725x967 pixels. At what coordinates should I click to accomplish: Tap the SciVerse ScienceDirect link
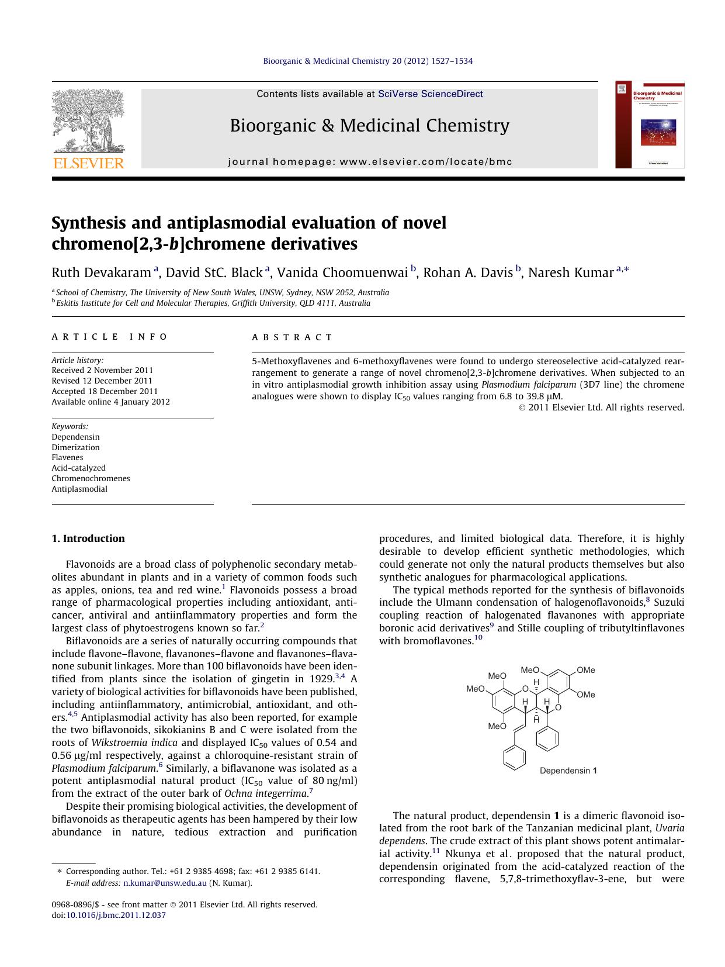pyautogui.click(x=431, y=94)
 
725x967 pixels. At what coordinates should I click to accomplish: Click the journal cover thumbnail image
pyautogui.click(x=650, y=125)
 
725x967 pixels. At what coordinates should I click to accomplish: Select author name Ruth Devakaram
pyautogui.click(x=102, y=272)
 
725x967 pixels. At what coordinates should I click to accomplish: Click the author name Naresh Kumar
pyautogui.click(x=570, y=272)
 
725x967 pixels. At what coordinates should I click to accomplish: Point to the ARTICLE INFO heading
pyautogui.click(x=110, y=337)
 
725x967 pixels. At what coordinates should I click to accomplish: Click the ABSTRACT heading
pyautogui.click(x=292, y=337)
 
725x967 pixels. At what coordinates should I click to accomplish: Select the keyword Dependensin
pyautogui.click(x=75, y=437)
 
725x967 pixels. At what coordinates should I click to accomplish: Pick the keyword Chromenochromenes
pyautogui.click(x=91, y=478)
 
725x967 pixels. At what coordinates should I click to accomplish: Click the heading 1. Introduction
pyautogui.click(x=88, y=538)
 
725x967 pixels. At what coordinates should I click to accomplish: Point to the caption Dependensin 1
pyautogui.click(x=568, y=771)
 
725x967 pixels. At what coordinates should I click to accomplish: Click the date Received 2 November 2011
pyautogui.click(x=102, y=370)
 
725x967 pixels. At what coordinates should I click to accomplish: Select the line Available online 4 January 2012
pyautogui.click(x=110, y=402)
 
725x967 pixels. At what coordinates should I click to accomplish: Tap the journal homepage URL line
pyautogui.click(x=370, y=162)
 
